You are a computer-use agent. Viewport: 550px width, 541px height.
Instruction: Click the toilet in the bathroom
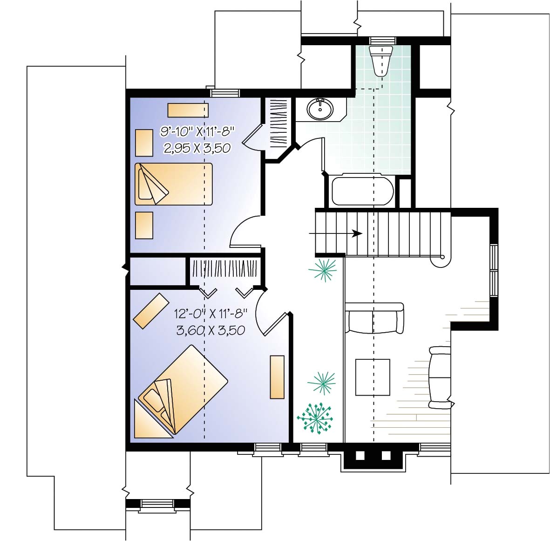coord(380,59)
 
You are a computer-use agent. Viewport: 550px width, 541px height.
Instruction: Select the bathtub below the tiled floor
coord(362,191)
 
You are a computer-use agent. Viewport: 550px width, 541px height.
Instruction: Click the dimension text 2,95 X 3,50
coord(197,148)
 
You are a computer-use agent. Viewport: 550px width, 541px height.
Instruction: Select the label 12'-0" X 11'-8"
coord(210,314)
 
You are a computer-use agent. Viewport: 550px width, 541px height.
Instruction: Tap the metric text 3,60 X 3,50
coord(210,330)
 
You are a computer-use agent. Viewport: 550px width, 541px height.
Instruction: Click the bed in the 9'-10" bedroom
coord(173,184)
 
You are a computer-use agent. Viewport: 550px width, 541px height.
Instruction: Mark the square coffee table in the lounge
coord(373,377)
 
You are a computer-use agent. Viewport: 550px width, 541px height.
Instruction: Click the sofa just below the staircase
coord(374,318)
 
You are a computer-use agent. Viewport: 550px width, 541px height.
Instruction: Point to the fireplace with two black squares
coord(372,456)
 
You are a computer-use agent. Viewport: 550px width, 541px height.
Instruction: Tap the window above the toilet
coord(382,41)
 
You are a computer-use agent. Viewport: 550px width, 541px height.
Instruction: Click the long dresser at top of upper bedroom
coord(188,110)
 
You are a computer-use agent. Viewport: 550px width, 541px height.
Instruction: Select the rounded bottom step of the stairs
coord(440,260)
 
